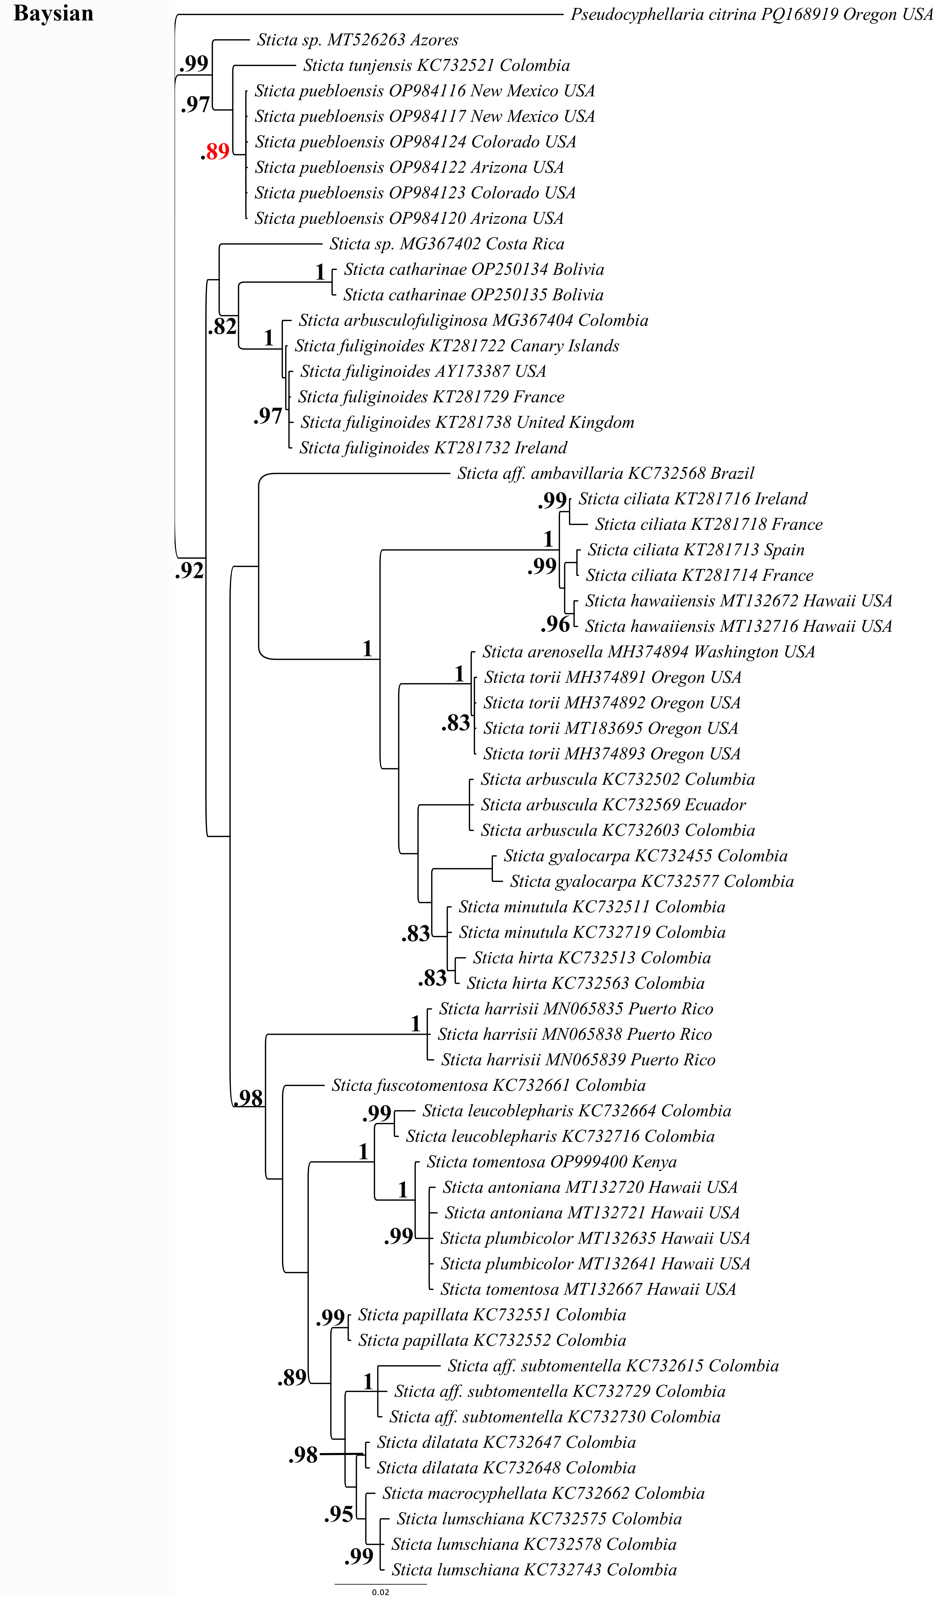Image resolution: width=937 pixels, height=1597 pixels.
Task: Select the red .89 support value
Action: coord(216,151)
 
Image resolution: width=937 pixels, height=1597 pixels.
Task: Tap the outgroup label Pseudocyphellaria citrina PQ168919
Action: coord(751,15)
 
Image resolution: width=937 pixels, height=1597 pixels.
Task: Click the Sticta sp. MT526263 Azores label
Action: coord(358,40)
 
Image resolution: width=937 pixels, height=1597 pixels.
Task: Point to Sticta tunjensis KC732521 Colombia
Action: coord(436,65)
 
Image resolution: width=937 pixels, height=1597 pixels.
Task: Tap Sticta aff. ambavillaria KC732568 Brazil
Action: coord(605,473)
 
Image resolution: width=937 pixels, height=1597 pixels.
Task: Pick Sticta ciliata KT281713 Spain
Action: coord(696,550)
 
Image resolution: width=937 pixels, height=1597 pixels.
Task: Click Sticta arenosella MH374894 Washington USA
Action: coord(648,652)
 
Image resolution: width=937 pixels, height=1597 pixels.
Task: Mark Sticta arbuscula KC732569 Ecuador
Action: coord(613,805)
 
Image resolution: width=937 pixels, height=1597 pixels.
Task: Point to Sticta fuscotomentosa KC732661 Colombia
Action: coord(488,1086)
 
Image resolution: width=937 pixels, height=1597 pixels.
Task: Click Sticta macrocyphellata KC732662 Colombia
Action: coord(543,1494)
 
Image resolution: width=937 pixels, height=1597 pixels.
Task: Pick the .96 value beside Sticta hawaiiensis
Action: coord(555,625)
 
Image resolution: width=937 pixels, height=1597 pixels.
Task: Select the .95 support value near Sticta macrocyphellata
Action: coord(339,1515)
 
